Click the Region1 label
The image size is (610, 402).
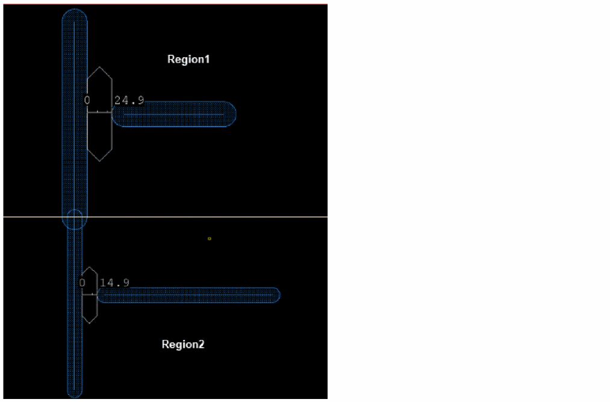click(188, 59)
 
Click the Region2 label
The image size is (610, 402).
click(183, 344)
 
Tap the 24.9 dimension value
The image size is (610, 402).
click(129, 101)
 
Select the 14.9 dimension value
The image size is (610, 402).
click(114, 283)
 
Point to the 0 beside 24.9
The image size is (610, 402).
click(87, 101)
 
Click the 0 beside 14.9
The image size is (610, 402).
click(82, 283)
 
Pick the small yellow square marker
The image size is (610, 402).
click(210, 239)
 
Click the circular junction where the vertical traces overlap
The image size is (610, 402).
click(75, 219)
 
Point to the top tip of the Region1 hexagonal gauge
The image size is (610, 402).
click(99, 67)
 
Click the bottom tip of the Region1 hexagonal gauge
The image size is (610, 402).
click(99, 161)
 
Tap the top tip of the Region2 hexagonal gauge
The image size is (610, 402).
click(90, 267)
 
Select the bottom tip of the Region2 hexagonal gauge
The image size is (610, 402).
click(90, 323)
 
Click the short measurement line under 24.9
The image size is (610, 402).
click(99, 112)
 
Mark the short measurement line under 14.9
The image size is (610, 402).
click(90, 295)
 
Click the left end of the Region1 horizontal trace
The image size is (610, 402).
click(113, 114)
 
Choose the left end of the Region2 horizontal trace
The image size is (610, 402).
click(98, 295)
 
